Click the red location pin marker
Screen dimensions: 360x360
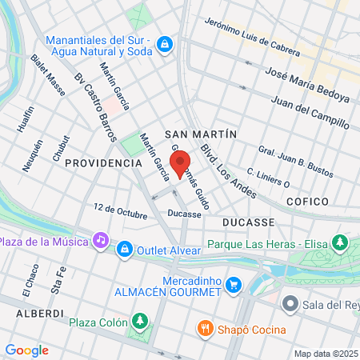pyautogui.click(x=181, y=159)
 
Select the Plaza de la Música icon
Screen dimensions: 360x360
pyautogui.click(x=100, y=239)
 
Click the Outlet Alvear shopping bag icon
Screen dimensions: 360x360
pyautogui.click(x=124, y=251)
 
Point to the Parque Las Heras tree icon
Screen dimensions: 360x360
pyautogui.click(x=341, y=242)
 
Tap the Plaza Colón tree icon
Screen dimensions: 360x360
pyautogui.click(x=141, y=321)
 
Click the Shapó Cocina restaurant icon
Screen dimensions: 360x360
pyautogui.click(x=206, y=328)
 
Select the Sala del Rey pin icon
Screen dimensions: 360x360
pyautogui.click(x=290, y=304)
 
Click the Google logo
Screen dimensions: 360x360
pyautogui.click(x=26, y=350)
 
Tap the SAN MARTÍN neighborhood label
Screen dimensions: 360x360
pyautogui.click(x=200, y=134)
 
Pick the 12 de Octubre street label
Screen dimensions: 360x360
pyautogui.click(x=120, y=212)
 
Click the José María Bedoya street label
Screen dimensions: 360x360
pyautogui.click(x=300, y=86)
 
